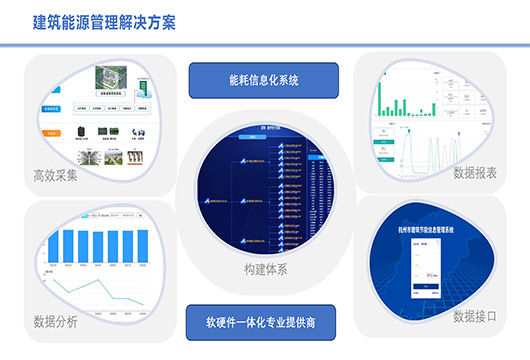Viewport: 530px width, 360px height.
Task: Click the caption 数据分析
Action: (x=56, y=322)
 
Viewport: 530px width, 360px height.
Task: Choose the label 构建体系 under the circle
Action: (x=265, y=270)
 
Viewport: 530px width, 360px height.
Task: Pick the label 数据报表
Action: (x=474, y=173)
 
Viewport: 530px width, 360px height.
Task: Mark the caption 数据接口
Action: (x=474, y=316)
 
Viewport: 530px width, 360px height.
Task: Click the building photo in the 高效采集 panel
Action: (x=110, y=79)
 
